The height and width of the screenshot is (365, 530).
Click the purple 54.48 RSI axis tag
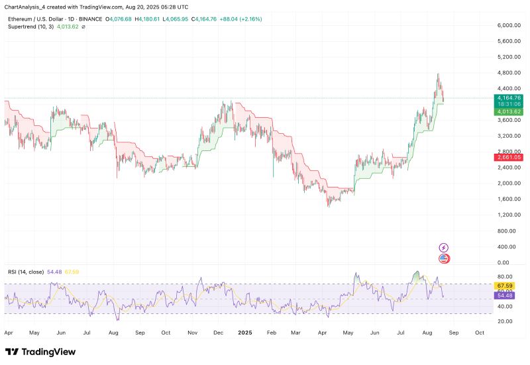point(505,295)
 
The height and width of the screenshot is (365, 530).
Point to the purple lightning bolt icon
point(444,248)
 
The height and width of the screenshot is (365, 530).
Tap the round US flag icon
point(444,258)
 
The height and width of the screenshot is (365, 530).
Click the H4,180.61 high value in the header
point(151,20)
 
